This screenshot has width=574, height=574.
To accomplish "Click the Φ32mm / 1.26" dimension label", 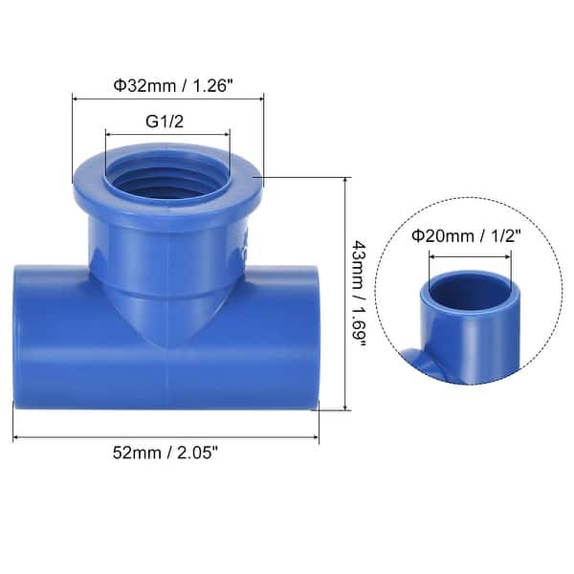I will coord(168,84).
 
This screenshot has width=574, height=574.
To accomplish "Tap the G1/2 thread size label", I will coord(168,121).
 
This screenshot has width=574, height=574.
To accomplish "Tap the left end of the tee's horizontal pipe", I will coord(21,338).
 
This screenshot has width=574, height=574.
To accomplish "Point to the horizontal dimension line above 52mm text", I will coord(166,439).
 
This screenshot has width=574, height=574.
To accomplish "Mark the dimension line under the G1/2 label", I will coord(168,135).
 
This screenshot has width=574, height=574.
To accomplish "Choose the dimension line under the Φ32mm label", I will coord(168,98).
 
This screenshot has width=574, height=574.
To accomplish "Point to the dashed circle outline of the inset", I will coord(376,287).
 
